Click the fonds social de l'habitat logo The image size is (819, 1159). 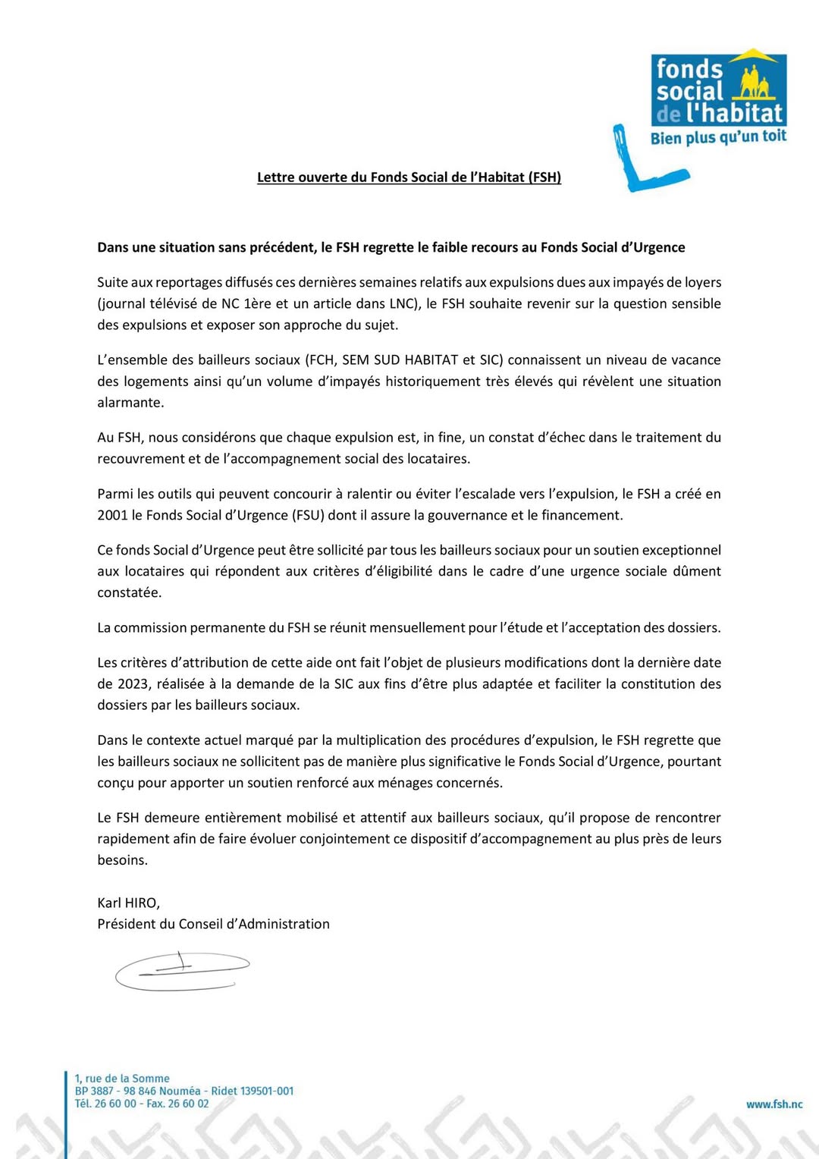(x=718, y=90)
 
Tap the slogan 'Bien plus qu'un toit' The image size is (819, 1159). (x=718, y=137)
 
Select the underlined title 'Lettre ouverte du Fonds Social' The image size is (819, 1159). (x=409, y=177)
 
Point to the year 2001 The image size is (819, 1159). (x=112, y=515)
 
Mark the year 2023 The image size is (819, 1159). (x=133, y=683)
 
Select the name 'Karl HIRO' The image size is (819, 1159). (x=127, y=903)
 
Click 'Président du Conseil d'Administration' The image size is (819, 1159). (x=213, y=924)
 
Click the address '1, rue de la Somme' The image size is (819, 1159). (x=122, y=1078)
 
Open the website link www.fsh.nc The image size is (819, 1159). (x=773, y=1104)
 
